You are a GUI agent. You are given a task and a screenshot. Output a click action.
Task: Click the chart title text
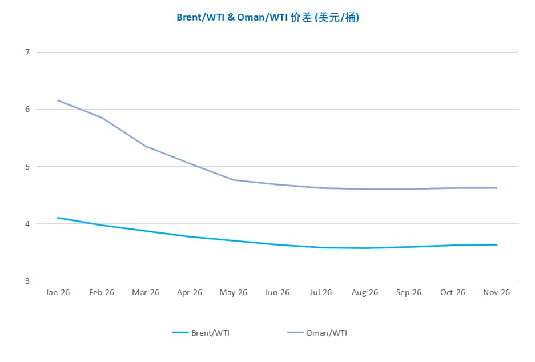pos(267,17)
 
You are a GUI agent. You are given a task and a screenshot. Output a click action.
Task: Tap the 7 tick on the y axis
pos(27,53)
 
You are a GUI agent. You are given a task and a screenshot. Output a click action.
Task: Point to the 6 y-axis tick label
pos(27,110)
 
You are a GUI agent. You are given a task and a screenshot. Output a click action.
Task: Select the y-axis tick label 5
pos(27,167)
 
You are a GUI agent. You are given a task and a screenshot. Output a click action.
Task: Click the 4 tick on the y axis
pos(27,224)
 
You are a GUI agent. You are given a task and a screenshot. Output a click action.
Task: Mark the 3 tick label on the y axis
pos(27,281)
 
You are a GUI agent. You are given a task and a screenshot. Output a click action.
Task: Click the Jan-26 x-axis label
pos(58,292)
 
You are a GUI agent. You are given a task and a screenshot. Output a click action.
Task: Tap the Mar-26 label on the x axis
pos(146,292)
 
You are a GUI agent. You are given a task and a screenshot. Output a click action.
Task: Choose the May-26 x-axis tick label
pos(234,292)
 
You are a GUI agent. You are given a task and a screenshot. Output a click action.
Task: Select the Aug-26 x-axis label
pos(365,292)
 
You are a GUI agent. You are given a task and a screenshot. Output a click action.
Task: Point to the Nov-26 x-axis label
pos(497,292)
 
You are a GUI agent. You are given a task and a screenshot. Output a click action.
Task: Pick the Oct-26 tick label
pos(453,292)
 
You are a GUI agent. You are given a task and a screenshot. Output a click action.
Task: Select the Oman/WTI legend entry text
pos(327,333)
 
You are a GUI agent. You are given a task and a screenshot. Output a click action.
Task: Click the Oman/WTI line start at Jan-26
pos(58,100)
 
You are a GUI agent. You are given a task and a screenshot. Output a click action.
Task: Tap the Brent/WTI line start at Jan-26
pos(58,218)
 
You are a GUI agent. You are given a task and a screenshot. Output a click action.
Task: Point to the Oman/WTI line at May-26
pos(234,180)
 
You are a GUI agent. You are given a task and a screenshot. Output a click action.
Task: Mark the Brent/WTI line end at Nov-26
pos(497,244)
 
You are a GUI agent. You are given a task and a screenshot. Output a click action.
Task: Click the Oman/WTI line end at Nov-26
pos(497,188)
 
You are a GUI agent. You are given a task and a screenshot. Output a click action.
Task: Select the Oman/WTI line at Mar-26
pos(146,146)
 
